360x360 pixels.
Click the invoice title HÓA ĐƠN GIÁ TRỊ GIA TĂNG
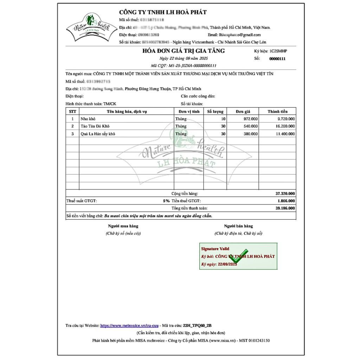[184, 51]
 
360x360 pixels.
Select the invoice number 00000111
[277, 59]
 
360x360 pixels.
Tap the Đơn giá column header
[243, 111]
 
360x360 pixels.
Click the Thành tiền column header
[277, 111]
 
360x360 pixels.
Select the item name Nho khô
[88, 119]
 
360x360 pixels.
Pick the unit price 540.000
[250, 126]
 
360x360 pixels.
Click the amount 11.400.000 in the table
[285, 134]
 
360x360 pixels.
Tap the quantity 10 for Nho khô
[223, 119]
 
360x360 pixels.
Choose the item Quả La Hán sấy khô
[98, 134]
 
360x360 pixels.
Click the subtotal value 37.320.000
[285, 193]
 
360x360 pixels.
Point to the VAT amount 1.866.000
[286, 201]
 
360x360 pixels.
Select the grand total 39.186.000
[285, 208]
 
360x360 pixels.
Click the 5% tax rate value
[166, 201]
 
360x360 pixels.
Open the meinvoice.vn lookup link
[129, 326]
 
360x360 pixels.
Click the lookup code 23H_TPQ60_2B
[197, 326]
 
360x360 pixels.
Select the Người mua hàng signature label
[123, 226]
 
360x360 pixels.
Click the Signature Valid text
[215, 249]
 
